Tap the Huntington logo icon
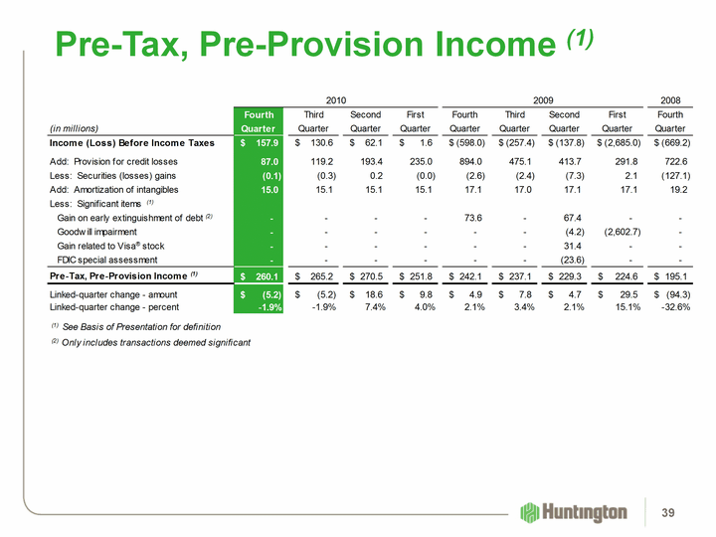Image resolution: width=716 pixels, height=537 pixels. pos(530,511)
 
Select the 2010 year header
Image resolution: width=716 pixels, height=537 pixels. pos(335,99)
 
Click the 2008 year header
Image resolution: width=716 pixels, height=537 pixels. pos(670,99)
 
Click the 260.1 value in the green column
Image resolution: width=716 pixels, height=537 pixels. pos(264,275)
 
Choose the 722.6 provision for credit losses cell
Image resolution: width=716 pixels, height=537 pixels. pos(670,160)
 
